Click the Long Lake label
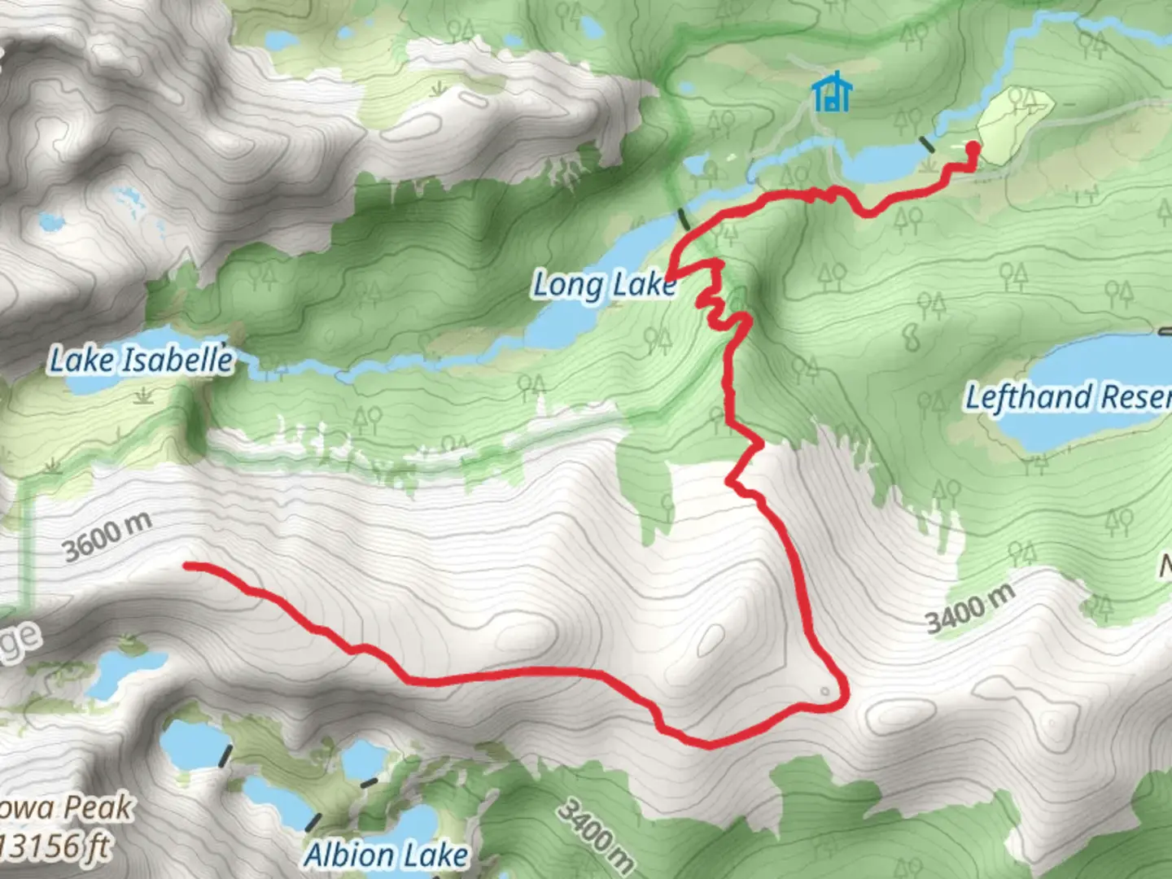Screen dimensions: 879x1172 [604, 286]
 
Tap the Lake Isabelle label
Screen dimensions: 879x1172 [141, 360]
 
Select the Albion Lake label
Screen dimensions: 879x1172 [386, 855]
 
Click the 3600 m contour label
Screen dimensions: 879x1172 [107, 538]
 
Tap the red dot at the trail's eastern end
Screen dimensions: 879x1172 [972, 148]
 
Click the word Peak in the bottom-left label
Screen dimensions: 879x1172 [98, 807]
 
